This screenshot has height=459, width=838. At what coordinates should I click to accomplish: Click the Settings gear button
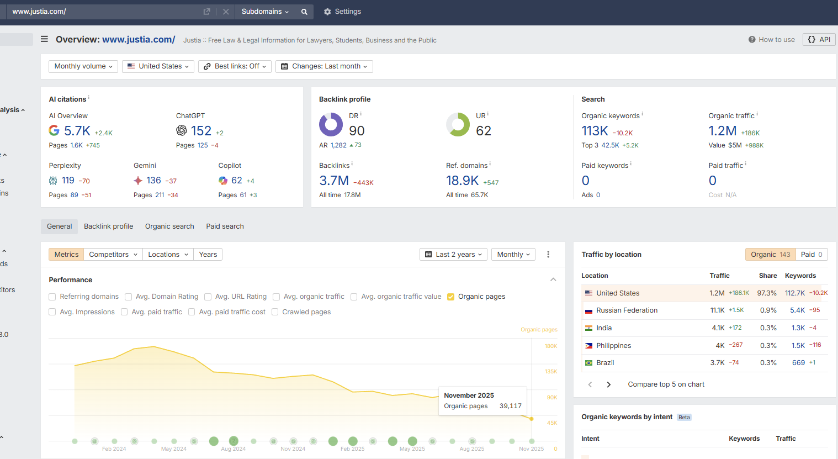[342, 12]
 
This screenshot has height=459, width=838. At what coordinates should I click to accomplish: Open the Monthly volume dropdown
[83, 66]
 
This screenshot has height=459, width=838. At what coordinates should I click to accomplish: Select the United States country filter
[158, 66]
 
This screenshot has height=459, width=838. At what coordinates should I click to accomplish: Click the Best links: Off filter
[235, 66]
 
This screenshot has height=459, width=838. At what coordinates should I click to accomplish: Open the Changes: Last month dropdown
[324, 66]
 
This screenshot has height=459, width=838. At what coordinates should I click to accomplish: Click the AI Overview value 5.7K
[77, 131]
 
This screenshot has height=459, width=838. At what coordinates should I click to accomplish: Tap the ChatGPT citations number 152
[201, 131]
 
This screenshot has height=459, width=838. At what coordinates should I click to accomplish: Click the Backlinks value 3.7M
[334, 181]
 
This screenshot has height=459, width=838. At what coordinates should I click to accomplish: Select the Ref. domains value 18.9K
[462, 181]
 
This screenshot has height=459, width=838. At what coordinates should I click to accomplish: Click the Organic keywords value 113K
[595, 131]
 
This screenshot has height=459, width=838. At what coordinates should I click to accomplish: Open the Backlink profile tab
[108, 226]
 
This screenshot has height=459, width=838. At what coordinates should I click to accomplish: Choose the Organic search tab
[169, 226]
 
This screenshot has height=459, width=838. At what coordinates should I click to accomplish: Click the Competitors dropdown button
[113, 255]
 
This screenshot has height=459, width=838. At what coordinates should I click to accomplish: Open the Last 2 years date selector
[453, 255]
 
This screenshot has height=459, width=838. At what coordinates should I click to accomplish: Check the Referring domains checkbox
[52, 297]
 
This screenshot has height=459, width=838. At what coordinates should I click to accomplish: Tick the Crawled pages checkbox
[275, 312]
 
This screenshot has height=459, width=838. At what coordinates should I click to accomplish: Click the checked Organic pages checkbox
[450, 297]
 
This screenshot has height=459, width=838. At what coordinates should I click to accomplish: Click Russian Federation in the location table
[627, 310]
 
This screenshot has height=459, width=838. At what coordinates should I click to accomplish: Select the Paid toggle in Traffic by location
[812, 255]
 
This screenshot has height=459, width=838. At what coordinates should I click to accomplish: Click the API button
[819, 40]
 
